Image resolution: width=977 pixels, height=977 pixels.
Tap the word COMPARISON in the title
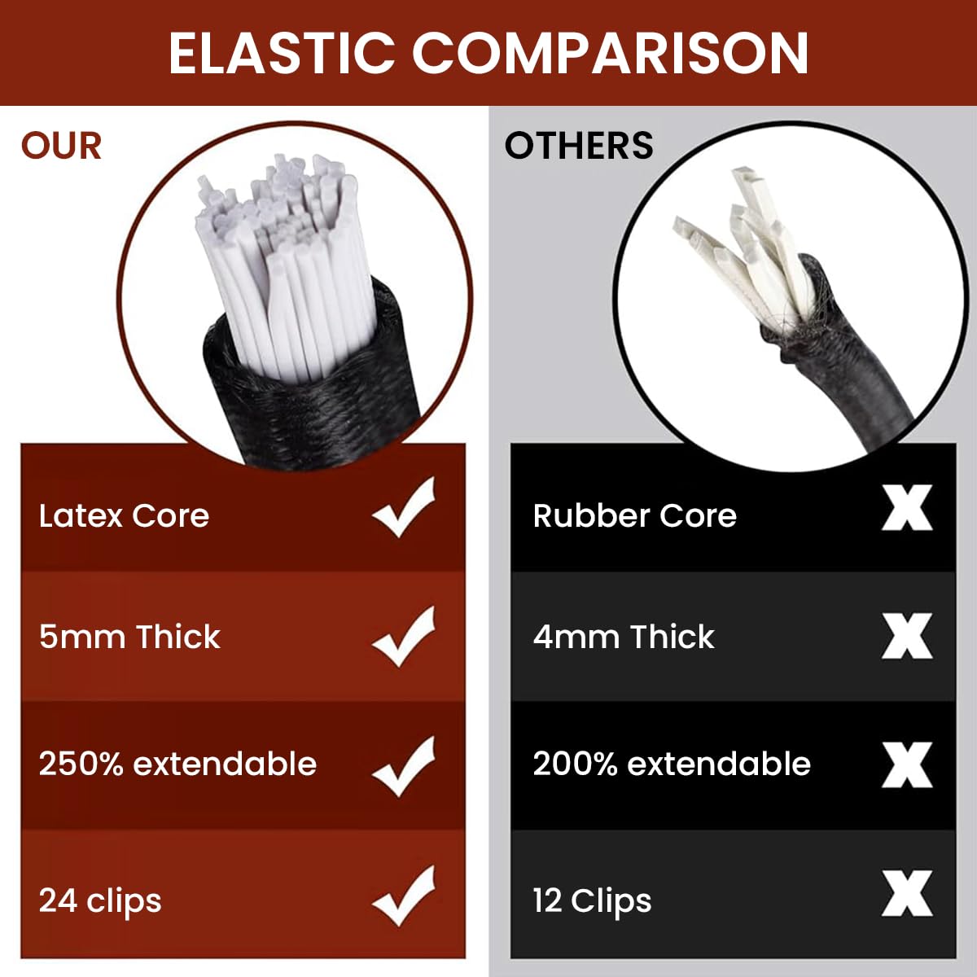pyautogui.click(x=610, y=54)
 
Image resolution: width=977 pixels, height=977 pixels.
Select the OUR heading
pyautogui.click(x=62, y=147)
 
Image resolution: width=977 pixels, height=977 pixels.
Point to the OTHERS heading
pyautogui.click(x=579, y=147)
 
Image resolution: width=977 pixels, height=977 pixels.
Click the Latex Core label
pyautogui.click(x=124, y=516)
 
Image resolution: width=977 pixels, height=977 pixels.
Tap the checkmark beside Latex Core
pyautogui.click(x=405, y=508)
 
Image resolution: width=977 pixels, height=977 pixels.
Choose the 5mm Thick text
pyautogui.click(x=129, y=637)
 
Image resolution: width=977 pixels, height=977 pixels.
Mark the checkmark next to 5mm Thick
pyautogui.click(x=405, y=637)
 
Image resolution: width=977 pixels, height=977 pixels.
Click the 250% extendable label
pyautogui.click(x=177, y=765)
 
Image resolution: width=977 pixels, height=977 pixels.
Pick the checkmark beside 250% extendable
pyautogui.click(x=405, y=766)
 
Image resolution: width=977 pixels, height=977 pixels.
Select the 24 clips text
pyautogui.click(x=100, y=901)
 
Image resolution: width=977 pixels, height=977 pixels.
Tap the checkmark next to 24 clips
pyautogui.click(x=405, y=896)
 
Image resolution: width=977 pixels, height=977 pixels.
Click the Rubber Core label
pyautogui.click(x=634, y=516)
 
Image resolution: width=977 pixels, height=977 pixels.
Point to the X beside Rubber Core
pyautogui.click(x=907, y=508)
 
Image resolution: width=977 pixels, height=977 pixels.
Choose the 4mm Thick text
pyautogui.click(x=624, y=637)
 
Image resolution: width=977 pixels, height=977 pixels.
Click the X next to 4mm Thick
pyautogui.click(x=907, y=637)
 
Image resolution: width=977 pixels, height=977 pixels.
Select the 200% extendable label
pyautogui.click(x=672, y=765)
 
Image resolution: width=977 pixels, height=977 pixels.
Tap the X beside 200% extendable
pyautogui.click(x=907, y=765)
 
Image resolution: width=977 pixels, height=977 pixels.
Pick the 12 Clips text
pyautogui.click(x=592, y=901)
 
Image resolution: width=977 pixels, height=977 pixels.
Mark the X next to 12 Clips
pyautogui.click(x=907, y=893)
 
